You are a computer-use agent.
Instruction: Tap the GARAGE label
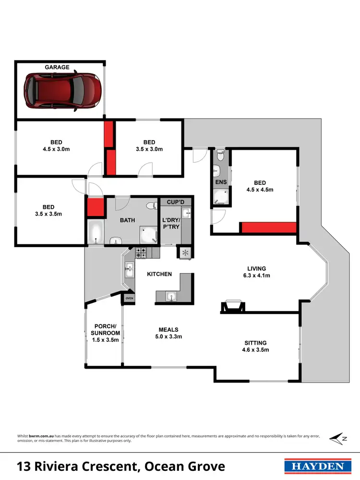(57, 68)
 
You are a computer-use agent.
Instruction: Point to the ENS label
(221, 182)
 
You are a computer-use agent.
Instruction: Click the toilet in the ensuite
(220, 155)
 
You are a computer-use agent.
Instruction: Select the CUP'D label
(176, 202)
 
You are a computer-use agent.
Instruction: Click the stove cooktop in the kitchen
(141, 252)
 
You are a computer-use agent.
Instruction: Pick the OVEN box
(129, 299)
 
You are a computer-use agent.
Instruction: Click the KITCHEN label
(159, 274)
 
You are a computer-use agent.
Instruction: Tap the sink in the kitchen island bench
(170, 297)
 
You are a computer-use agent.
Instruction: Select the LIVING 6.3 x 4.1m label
(256, 272)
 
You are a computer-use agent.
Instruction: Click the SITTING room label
(255, 347)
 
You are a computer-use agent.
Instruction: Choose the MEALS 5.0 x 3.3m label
(168, 333)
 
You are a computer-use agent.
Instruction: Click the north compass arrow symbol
(337, 438)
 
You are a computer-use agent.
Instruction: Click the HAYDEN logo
(314, 466)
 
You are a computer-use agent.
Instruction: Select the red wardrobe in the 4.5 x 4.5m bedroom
(268, 228)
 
